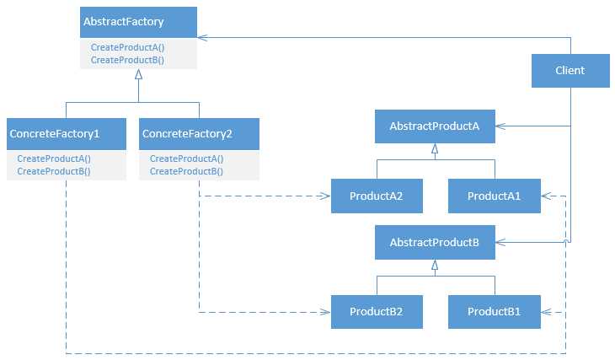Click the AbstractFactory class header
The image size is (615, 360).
pyautogui.click(x=138, y=22)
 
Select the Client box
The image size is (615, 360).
pyautogui.click(x=570, y=71)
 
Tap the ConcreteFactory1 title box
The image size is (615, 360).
pyautogui.click(x=65, y=134)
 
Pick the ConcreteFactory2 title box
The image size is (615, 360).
pyautogui.click(x=199, y=134)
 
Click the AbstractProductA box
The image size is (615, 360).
pyautogui.click(x=435, y=126)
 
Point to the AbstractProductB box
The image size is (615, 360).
pyautogui.click(x=435, y=243)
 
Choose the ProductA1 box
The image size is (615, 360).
pyautogui.click(x=494, y=196)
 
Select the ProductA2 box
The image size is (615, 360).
pyautogui.click(x=376, y=196)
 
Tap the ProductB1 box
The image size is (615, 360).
pyautogui.click(x=494, y=312)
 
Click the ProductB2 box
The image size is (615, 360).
pyautogui.click(x=376, y=312)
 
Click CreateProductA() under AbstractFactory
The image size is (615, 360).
pyautogui.click(x=127, y=48)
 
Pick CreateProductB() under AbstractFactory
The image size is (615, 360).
pyautogui.click(x=127, y=60)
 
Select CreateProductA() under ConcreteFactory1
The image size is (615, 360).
pyautogui.click(x=54, y=159)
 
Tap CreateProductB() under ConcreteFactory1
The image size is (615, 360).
pyautogui.click(x=54, y=171)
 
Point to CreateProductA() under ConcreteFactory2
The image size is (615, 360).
pyautogui.click(x=186, y=159)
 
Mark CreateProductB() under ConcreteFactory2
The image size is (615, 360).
pyautogui.click(x=186, y=171)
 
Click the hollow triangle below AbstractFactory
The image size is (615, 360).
pyautogui.click(x=139, y=75)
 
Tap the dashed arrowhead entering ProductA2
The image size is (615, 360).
pyautogui.click(x=325, y=196)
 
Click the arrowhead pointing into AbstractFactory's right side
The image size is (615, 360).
pyautogui.click(x=203, y=37)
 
